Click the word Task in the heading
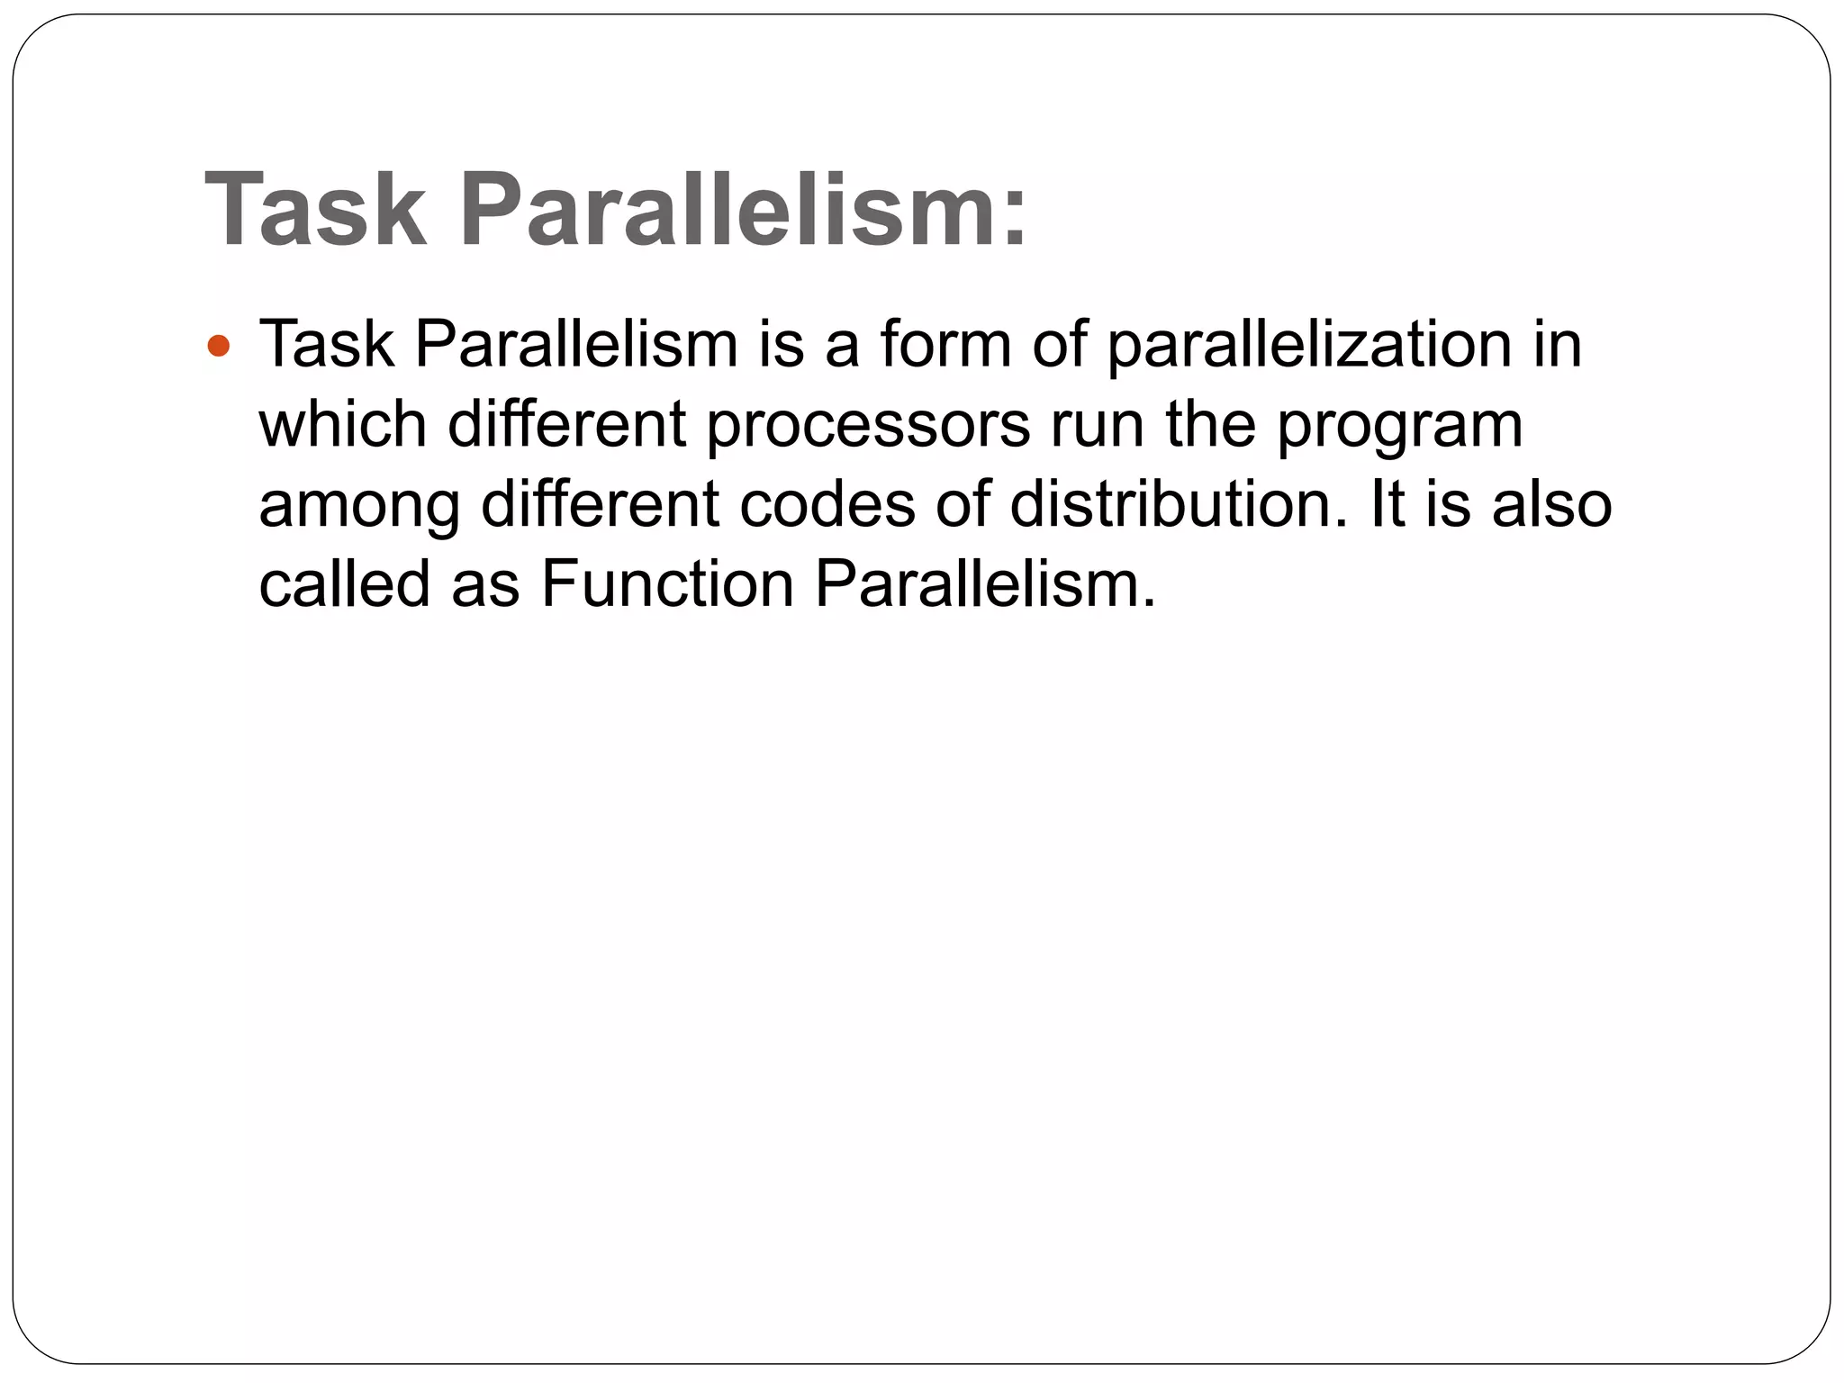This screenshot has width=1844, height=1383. click(316, 209)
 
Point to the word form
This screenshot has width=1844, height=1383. click(945, 345)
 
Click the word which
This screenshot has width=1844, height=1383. click(342, 425)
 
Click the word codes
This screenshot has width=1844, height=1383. click(827, 504)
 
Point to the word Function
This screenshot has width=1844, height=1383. click(667, 584)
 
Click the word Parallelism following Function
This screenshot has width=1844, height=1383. click(984, 584)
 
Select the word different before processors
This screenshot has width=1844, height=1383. click(567, 425)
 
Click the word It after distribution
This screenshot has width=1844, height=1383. click(1387, 504)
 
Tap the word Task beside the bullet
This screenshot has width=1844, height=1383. click(327, 345)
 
